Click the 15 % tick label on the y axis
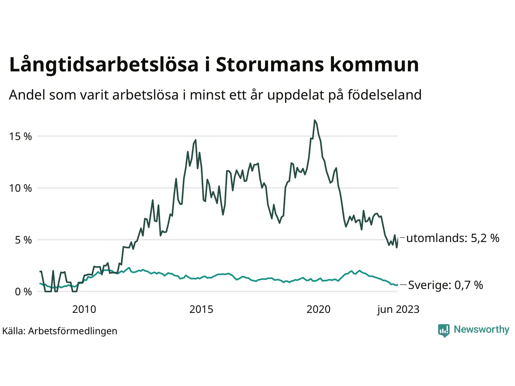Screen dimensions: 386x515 coord(20,136)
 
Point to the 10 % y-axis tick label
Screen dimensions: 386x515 coord(20,188)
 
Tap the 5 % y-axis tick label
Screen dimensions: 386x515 coord(23,240)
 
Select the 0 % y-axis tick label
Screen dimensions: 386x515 coord(23,292)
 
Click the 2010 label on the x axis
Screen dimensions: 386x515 coord(84,309)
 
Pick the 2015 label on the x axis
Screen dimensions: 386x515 coord(201,309)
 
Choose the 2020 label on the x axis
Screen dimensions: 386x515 coord(318,309)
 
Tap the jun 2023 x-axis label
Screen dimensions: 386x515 coord(398,309)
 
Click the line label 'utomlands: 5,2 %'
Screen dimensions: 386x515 coord(453,238)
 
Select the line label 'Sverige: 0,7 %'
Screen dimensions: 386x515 coord(445,285)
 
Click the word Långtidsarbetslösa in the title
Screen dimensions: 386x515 coord(104,65)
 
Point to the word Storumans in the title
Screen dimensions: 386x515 coord(269,65)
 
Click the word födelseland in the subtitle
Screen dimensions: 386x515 coord(384,95)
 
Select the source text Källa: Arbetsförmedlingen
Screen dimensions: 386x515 coord(60,331)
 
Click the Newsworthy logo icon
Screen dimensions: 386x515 coord(444,330)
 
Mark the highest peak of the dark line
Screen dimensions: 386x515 coord(315,120)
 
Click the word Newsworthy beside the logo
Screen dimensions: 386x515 coord(481,329)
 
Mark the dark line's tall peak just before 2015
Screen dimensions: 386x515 coord(196,140)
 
